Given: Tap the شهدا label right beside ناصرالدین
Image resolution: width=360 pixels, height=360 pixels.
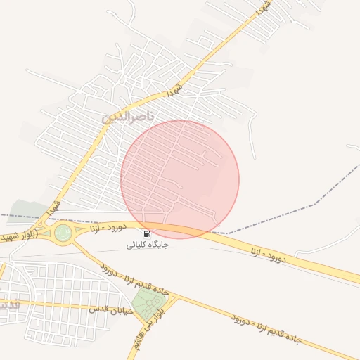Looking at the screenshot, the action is pos(173,91).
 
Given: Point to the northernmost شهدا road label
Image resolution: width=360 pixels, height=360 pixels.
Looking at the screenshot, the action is pos(264,9).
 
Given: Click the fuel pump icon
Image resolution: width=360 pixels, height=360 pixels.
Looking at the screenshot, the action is pos(147,233).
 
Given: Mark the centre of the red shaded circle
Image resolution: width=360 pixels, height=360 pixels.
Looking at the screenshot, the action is pos(180,179).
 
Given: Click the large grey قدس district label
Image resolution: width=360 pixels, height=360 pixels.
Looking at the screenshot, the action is pos(7,307).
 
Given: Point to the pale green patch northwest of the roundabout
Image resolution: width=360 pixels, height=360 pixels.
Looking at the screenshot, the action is pos(28,209).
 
